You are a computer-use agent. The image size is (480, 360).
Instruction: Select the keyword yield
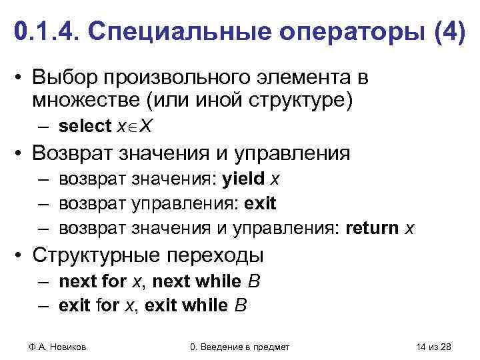243,179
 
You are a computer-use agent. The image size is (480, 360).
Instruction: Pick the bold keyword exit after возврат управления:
261,203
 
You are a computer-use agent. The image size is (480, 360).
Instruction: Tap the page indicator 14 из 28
433,346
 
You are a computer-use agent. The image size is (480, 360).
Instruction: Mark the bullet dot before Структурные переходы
23,256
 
